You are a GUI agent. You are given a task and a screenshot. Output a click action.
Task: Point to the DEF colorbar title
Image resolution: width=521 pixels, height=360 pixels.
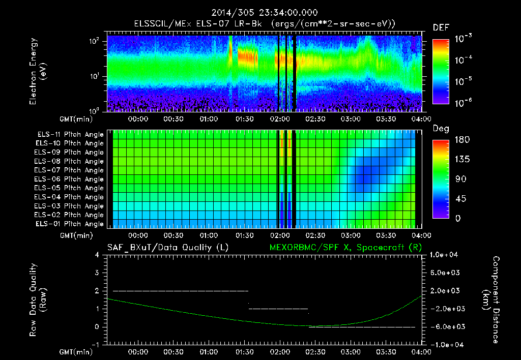(x=441, y=27)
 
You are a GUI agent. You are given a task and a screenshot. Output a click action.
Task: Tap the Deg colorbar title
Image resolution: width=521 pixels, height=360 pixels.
(x=440, y=129)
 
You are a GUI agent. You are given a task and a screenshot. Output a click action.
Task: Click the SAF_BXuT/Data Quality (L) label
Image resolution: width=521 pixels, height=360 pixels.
(x=167, y=248)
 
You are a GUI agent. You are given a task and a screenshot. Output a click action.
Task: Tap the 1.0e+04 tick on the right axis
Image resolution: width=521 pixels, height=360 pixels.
(x=445, y=255)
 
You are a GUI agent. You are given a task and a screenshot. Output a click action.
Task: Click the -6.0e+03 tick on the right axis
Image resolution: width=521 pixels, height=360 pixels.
(x=445, y=326)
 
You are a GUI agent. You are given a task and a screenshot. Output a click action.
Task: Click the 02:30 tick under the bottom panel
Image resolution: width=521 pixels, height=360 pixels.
(x=314, y=352)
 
